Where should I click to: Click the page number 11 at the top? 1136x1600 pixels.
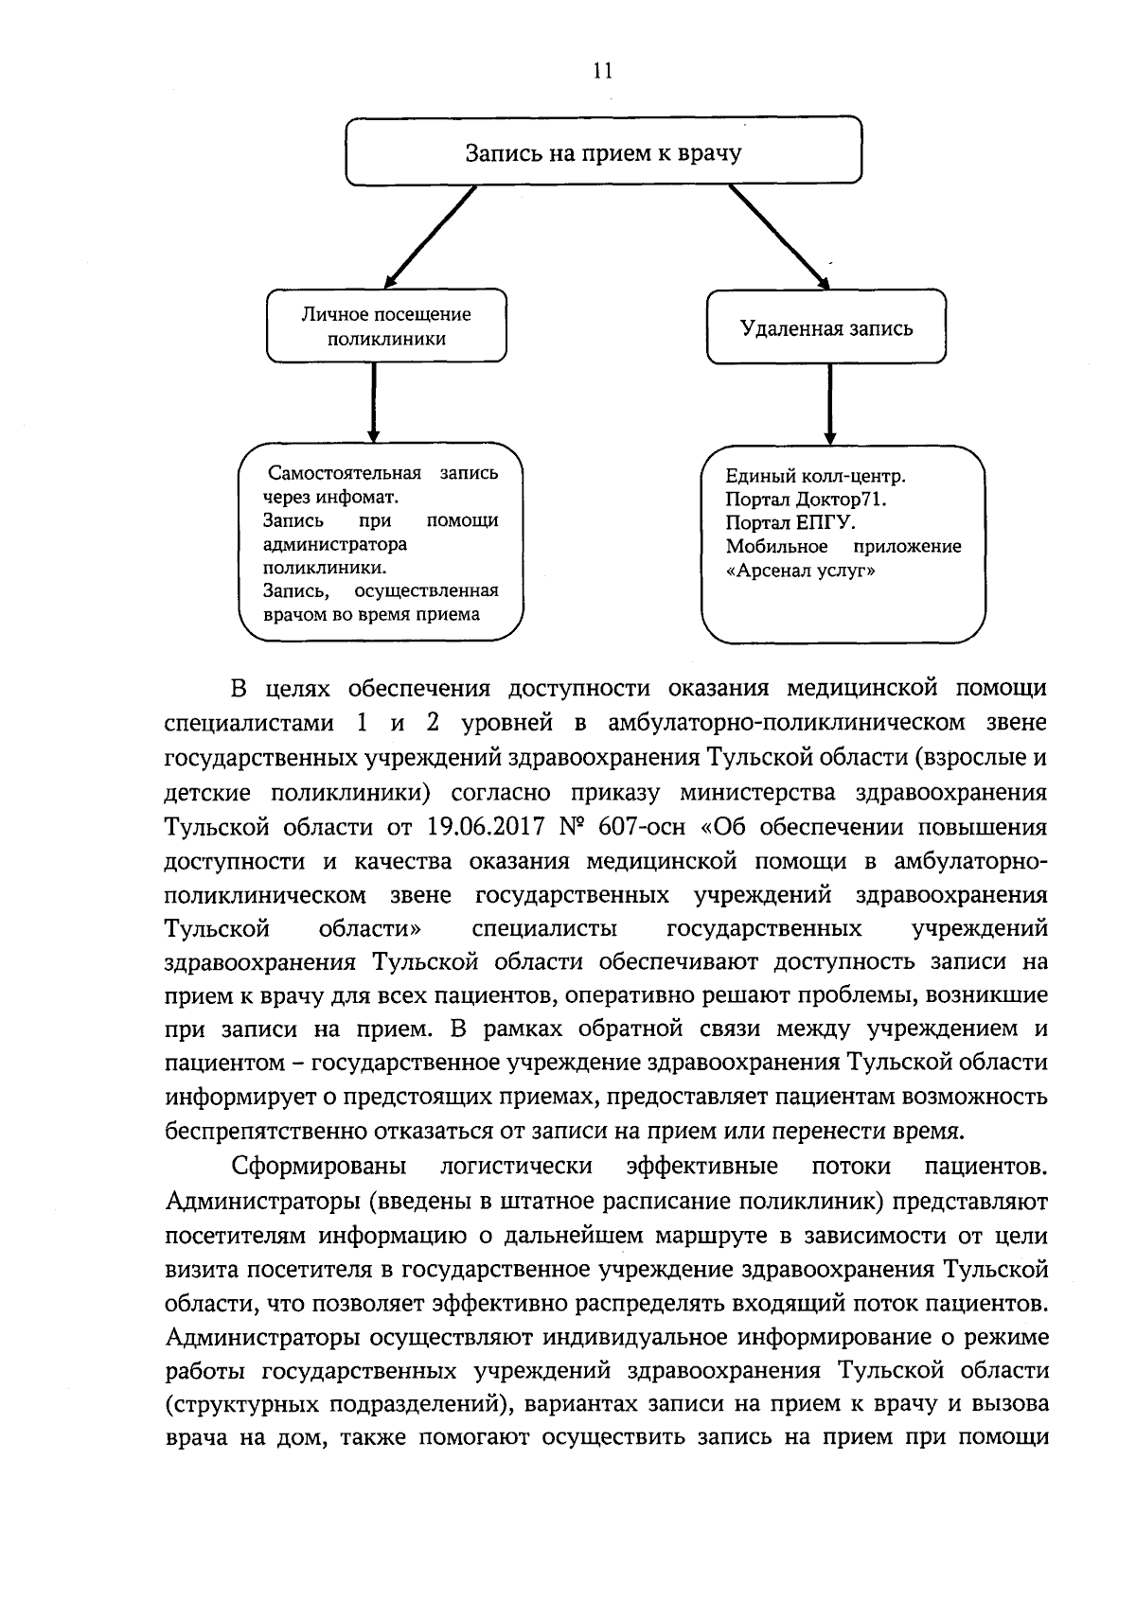pyautogui.click(x=603, y=72)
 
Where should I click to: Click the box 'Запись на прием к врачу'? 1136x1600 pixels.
pyautogui.click(x=603, y=151)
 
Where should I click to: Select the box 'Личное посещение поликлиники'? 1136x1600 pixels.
pyautogui.click(x=386, y=326)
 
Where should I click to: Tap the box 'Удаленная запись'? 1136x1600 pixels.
pyautogui.click(x=825, y=328)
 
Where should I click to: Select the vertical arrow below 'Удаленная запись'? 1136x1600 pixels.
pyautogui.click(x=829, y=403)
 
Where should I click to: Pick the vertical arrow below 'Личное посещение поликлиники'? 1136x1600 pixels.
pyautogui.click(x=374, y=402)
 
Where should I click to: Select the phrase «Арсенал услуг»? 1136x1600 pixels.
pyautogui.click(x=800, y=571)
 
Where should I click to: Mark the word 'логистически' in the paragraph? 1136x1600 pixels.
pyautogui.click(x=517, y=1165)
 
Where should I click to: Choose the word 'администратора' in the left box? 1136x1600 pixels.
pyautogui.click(x=335, y=544)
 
